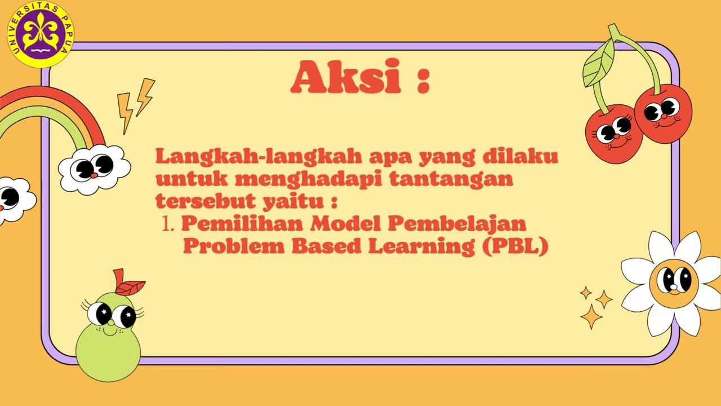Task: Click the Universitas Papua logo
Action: tap(41, 34)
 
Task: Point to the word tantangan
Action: tap(451, 179)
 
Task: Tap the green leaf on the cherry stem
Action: tap(598, 63)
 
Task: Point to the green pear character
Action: tap(108, 338)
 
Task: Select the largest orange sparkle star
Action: tap(591, 317)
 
